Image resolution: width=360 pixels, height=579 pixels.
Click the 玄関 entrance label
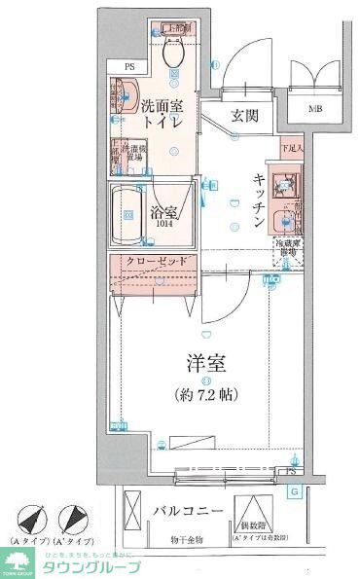(244, 115)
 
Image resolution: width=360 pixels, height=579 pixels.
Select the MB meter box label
(315, 109)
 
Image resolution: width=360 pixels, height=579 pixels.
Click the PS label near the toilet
(128, 67)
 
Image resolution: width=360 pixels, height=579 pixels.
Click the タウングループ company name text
(93, 567)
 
